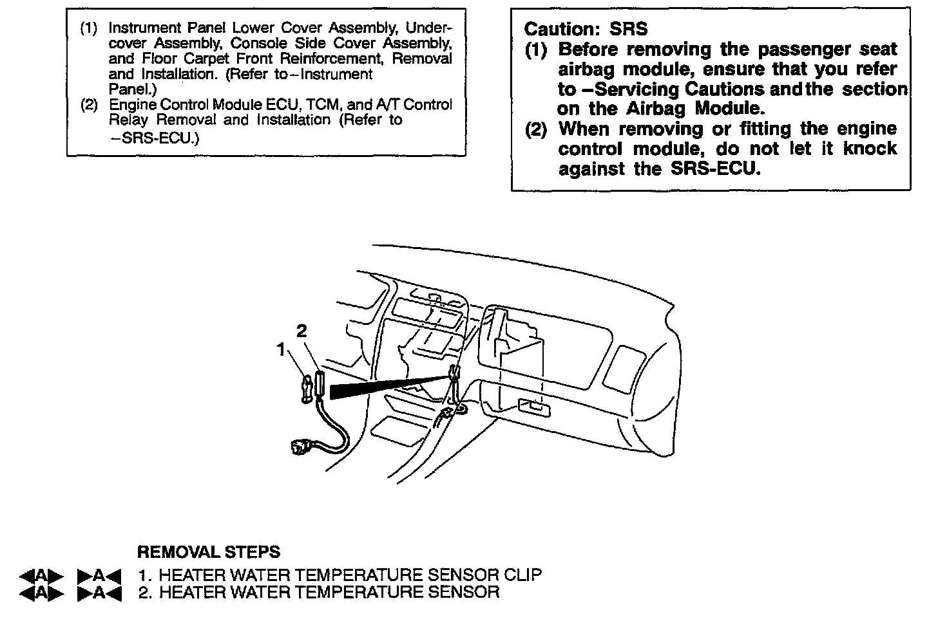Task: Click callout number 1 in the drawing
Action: [281, 349]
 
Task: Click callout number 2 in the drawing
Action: [301, 331]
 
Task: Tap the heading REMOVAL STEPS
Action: [209, 552]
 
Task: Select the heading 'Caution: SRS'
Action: [586, 29]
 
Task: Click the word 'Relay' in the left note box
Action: [129, 120]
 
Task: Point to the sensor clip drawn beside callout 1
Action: [307, 388]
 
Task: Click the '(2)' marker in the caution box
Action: [536, 129]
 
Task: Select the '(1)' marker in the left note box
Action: [89, 29]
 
